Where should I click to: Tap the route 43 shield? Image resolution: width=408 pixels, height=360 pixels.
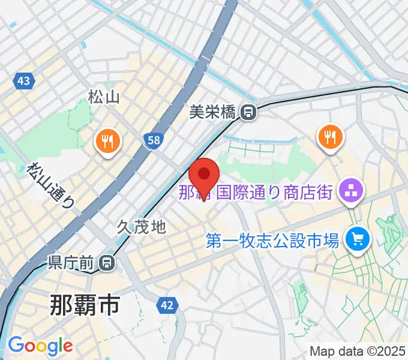coord(23,81)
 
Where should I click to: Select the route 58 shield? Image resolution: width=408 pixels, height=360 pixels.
coord(154,141)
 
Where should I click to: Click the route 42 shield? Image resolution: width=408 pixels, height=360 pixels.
coord(167,306)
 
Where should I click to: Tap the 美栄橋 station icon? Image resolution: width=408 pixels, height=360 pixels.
coord(248,112)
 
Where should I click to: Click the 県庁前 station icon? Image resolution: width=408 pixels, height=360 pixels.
coord(107,262)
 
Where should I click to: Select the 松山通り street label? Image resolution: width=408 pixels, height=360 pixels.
coord(52,186)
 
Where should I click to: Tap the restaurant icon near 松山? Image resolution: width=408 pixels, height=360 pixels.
coord(108,142)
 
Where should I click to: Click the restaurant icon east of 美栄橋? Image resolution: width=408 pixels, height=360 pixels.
coord(329,137)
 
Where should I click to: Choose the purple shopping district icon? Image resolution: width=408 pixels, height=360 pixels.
coord(350,192)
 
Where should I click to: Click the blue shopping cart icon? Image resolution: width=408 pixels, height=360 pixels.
coord(358,240)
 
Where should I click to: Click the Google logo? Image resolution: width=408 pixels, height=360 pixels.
coord(40,346)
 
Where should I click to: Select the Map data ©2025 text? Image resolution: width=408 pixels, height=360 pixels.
coord(358,351)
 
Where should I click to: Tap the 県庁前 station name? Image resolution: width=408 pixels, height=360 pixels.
coord(72,262)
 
